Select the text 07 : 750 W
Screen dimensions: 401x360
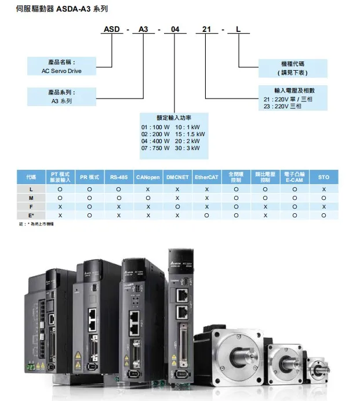[155, 148]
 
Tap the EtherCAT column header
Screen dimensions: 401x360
[206, 177]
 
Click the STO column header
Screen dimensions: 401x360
[323, 177]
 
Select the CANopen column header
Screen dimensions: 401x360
[148, 177]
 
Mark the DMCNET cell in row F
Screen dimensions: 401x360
[177, 206]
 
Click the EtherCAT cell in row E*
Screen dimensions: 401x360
[206, 214]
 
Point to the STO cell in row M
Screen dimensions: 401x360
[323, 198]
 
